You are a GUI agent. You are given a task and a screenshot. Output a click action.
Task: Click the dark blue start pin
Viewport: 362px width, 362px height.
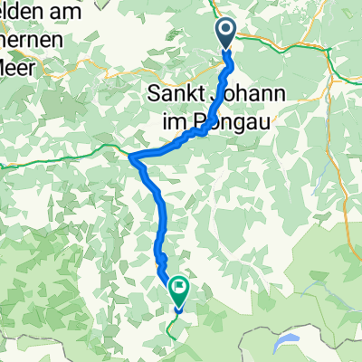[x=226, y=34]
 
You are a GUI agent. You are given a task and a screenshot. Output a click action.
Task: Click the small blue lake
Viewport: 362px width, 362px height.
[x=287, y=315]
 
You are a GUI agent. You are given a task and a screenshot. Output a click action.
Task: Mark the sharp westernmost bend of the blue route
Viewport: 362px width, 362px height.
[x=132, y=158]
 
